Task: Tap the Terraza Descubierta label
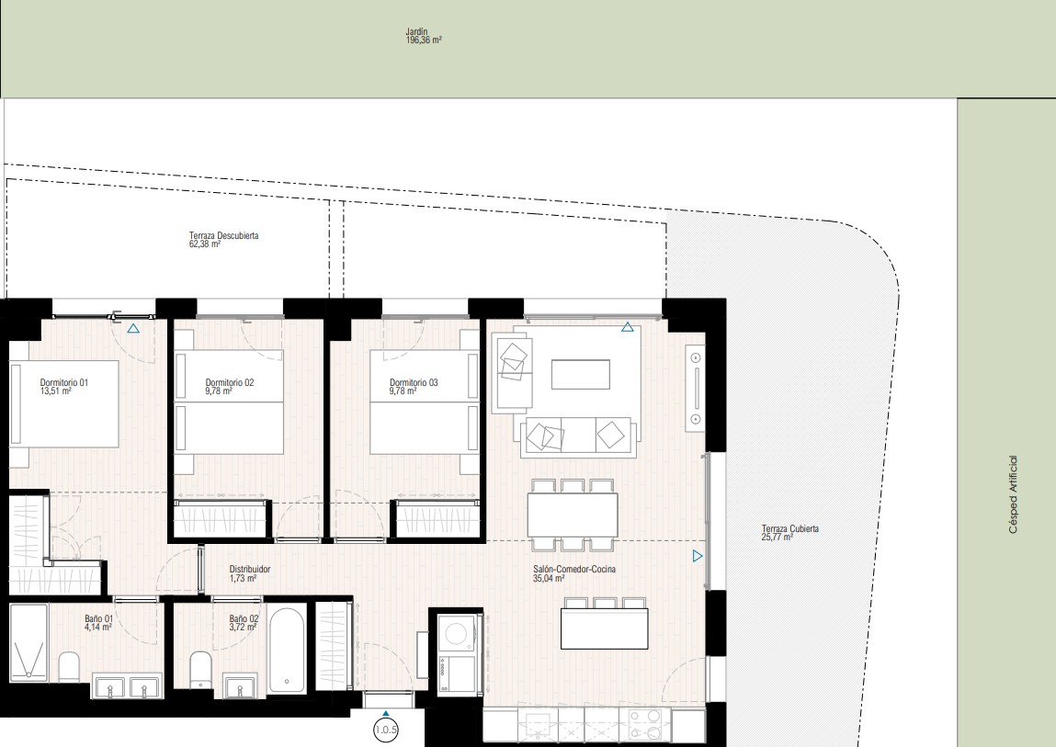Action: pyautogui.click(x=223, y=236)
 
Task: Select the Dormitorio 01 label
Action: pyautogui.click(x=64, y=382)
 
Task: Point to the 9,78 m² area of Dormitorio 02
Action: pyautogui.click(x=219, y=391)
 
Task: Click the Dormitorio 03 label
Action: pyautogui.click(x=414, y=382)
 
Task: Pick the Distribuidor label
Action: pyautogui.click(x=250, y=569)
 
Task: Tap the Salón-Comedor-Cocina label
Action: pyautogui.click(x=573, y=569)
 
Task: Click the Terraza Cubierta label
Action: pyautogui.click(x=790, y=528)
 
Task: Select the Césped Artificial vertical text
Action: pyautogui.click(x=1013, y=495)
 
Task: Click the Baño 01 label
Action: pyautogui.click(x=99, y=618)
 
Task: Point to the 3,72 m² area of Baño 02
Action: pyautogui.click(x=243, y=628)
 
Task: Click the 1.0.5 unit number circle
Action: pyautogui.click(x=386, y=730)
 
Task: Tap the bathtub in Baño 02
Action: pyautogui.click(x=287, y=648)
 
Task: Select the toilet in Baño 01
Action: pyautogui.click(x=69, y=667)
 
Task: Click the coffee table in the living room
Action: pyautogui.click(x=581, y=375)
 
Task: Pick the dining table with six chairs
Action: pyautogui.click(x=573, y=515)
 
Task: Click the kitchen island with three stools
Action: pyautogui.click(x=605, y=623)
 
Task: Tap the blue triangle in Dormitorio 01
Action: pyautogui.click(x=133, y=329)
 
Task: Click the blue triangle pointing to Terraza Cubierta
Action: pyautogui.click(x=698, y=556)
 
